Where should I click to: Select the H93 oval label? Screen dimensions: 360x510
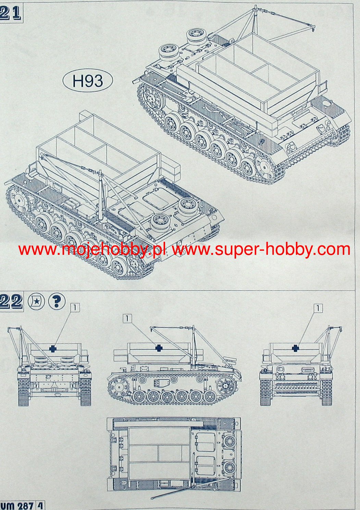coord(88,80)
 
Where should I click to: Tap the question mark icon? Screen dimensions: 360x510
coord(57,302)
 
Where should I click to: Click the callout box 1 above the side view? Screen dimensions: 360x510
coord(127,318)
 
